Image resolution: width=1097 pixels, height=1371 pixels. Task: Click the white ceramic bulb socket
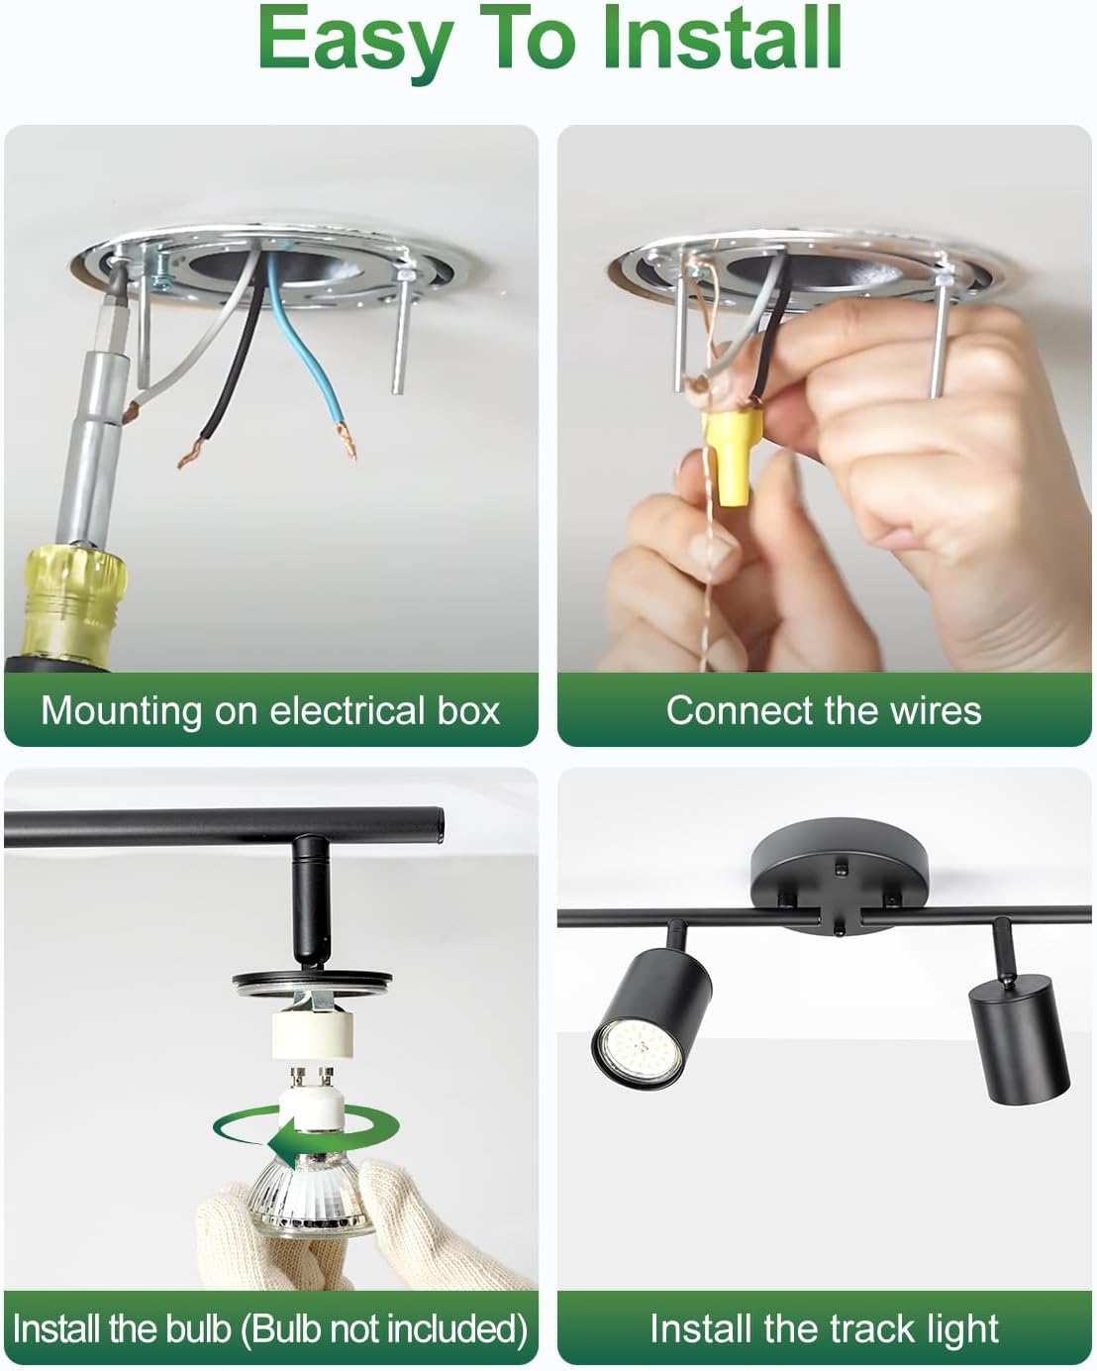[x=312, y=1038]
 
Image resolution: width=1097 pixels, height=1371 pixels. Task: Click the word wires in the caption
[x=936, y=710]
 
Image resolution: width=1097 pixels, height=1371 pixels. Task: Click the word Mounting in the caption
[x=122, y=711]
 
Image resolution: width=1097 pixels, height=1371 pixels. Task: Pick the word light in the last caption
[x=966, y=1331]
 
